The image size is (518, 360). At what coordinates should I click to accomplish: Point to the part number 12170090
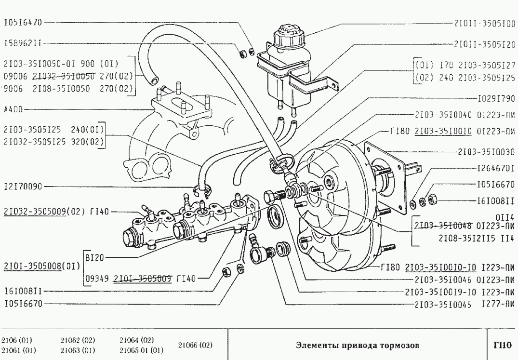[x=23, y=186]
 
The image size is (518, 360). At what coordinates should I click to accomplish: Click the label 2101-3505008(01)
[x=41, y=266]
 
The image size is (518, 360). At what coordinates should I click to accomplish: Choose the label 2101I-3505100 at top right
[x=484, y=22]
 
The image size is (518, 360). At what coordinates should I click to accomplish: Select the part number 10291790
[x=496, y=101]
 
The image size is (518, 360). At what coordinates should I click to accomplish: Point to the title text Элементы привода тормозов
[x=357, y=345]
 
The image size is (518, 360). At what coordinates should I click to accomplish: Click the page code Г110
[x=502, y=345]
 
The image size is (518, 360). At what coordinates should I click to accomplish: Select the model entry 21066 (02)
[x=195, y=345]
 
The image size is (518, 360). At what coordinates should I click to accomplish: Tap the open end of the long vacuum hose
[x=153, y=77]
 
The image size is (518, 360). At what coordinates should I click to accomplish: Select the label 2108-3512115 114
[x=477, y=238]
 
